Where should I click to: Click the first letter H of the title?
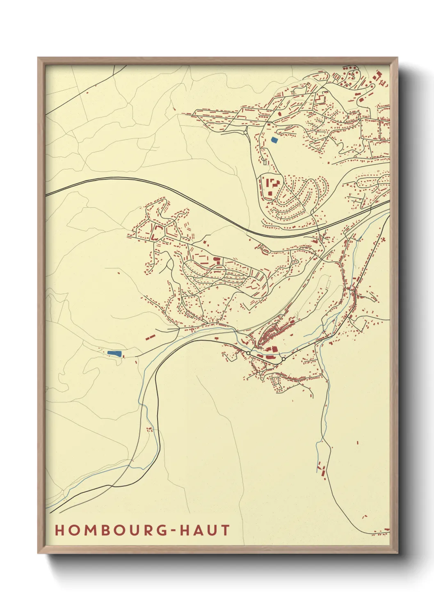coord(59,530)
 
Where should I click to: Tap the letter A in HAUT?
coord(198,530)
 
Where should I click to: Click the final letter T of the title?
coord(225,530)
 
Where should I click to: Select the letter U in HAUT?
coord(212,530)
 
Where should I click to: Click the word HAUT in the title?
coord(205,530)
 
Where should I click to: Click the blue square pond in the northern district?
coord(274,140)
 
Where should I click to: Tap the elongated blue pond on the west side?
coord(114,353)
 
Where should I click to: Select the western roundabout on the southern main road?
coord(248,353)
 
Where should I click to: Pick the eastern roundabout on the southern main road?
coord(283,359)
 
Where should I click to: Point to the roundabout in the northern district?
coord(245,132)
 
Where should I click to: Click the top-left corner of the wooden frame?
coord(39,58)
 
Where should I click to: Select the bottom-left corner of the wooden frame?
coord(39,552)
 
